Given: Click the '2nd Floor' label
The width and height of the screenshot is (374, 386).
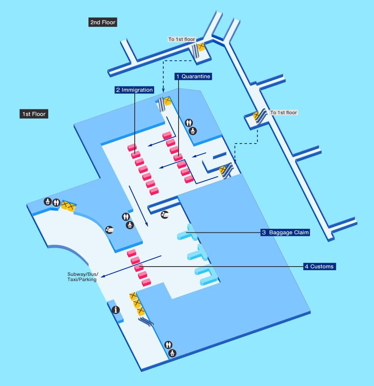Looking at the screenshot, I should (103, 23).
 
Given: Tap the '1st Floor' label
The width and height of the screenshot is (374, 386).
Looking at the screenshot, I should (34, 114).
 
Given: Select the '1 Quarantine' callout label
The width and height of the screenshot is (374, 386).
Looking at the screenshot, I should (193, 76).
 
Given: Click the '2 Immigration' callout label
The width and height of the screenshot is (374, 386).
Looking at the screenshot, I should (134, 90).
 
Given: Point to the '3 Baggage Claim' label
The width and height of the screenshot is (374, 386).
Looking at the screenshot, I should (286, 232).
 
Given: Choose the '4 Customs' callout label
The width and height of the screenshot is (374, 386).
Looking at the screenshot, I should (319, 266).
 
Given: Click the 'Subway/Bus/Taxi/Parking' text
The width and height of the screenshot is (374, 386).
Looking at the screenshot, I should (82, 277).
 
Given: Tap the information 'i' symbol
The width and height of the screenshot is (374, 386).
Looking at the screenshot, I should (117, 310).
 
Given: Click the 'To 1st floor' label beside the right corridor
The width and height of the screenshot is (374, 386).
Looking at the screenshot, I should (284, 113).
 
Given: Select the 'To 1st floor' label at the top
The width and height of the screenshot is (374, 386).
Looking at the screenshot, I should (182, 39).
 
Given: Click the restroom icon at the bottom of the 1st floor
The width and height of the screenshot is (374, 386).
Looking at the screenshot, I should (169, 345).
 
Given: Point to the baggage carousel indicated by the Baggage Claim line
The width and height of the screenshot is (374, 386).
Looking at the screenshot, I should (186, 234).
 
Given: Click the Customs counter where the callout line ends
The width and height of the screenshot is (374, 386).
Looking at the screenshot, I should (139, 267).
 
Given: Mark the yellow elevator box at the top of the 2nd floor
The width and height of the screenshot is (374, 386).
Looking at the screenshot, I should (201, 47).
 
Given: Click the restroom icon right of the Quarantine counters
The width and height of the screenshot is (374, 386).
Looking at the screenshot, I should (189, 123).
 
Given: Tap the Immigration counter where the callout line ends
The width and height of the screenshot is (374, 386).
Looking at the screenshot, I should (135, 154).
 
